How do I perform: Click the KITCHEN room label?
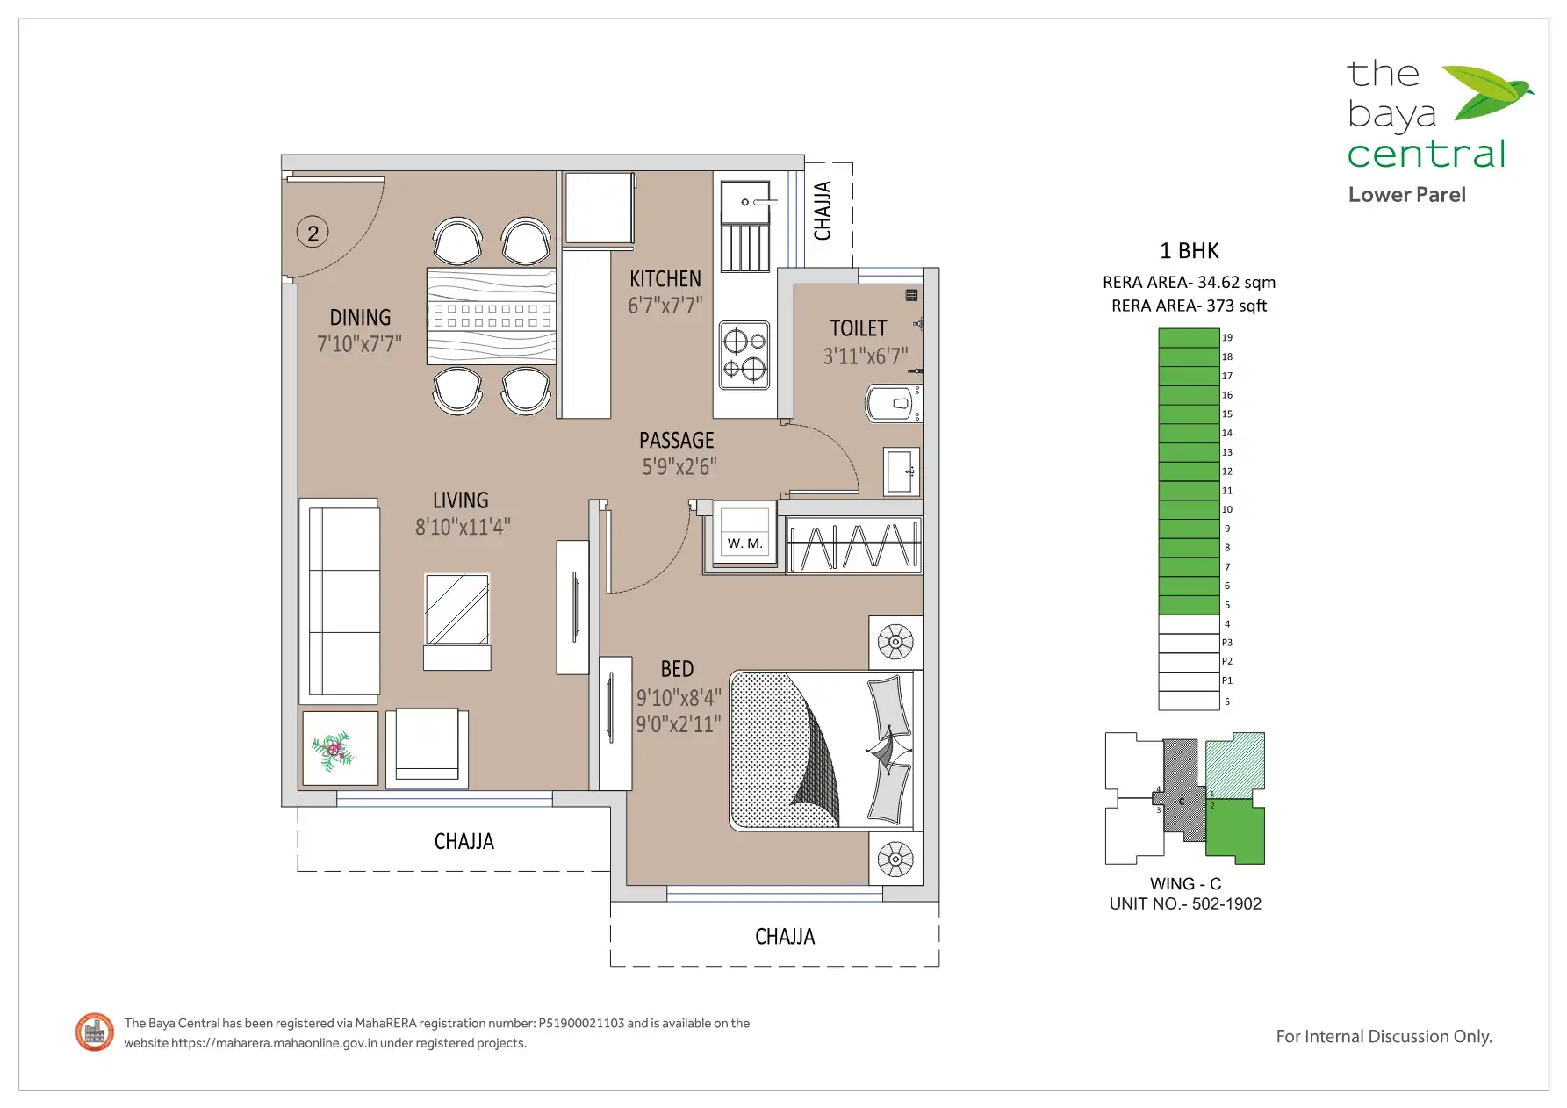[665, 279]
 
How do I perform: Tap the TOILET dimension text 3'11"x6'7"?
[865, 356]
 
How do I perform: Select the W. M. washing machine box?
[744, 532]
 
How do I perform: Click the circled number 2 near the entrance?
[313, 233]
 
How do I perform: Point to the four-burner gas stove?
[744, 355]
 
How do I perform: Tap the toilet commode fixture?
[894, 404]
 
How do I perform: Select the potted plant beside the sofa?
[333, 751]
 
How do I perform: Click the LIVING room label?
[461, 500]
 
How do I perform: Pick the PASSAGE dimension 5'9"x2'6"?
[679, 467]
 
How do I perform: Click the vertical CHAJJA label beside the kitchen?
[823, 211]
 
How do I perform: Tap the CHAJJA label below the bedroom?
[785, 937]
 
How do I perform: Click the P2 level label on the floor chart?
[1227, 661]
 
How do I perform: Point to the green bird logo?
[1488, 91]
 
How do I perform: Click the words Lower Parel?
[1407, 195]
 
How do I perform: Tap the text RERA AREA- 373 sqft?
[1190, 306]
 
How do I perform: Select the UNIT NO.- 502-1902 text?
[1185, 904]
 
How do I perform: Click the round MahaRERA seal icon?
[95, 1032]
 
